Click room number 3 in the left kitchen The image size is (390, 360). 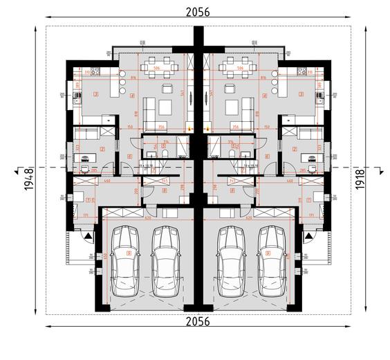[x=96, y=94]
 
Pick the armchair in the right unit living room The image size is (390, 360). [x=230, y=88]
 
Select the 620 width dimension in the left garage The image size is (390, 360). [x=149, y=217]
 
